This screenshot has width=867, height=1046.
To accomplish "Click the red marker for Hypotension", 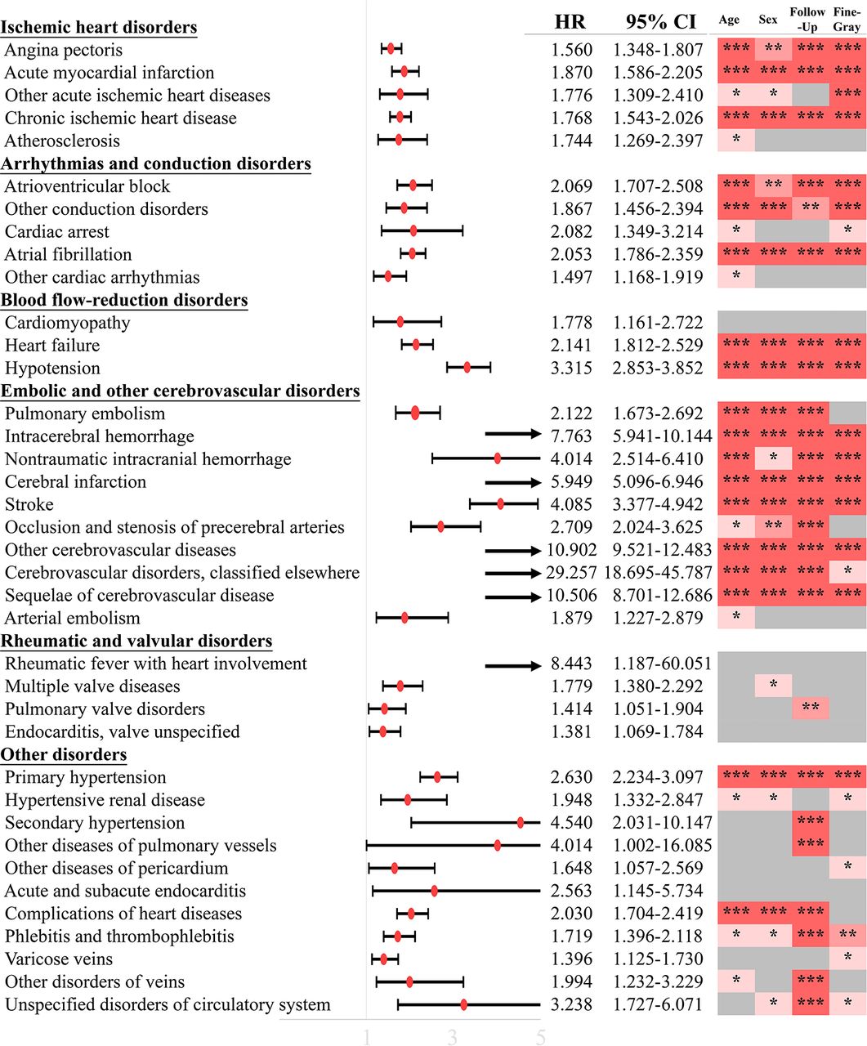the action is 467,369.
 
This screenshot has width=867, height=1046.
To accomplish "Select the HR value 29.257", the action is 571,573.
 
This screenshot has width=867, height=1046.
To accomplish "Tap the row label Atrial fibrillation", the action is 68,254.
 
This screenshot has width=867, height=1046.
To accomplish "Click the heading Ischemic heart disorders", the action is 99,27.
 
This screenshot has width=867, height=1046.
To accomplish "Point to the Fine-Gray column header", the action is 847,19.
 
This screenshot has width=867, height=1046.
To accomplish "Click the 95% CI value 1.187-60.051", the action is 662,664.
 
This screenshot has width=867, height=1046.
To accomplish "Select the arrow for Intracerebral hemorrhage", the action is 513,434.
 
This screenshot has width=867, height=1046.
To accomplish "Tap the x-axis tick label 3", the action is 452,1037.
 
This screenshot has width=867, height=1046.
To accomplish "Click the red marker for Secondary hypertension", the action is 521,823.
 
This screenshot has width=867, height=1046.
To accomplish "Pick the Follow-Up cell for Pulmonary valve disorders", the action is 811,709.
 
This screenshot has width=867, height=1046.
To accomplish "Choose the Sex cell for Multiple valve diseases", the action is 773,686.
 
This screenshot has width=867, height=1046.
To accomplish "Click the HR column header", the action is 570,22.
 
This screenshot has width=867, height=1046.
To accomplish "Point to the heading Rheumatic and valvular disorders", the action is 136,641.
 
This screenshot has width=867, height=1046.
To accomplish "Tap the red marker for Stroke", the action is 500,504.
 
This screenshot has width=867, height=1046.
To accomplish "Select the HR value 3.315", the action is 571,369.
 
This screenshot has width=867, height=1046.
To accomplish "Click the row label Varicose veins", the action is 59,959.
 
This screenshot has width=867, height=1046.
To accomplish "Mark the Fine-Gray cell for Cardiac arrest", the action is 848,231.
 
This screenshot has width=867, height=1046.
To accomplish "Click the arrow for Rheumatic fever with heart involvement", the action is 513,666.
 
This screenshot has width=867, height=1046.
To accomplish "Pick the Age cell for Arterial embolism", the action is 736,618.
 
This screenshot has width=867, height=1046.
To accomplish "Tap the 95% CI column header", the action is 660,22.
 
